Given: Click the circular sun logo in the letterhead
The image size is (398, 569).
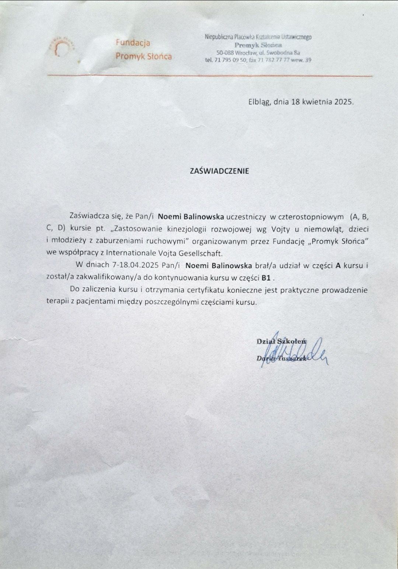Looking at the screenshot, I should click(x=61, y=47).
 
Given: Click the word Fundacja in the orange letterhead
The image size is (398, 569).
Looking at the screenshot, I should click(x=133, y=43).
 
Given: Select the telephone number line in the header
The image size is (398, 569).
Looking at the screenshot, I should click(x=258, y=60).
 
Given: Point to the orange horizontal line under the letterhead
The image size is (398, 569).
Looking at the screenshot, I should click(x=210, y=76).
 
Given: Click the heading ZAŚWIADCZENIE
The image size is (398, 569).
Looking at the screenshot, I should click(x=219, y=171).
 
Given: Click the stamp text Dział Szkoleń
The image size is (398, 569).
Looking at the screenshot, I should click(x=281, y=341).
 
